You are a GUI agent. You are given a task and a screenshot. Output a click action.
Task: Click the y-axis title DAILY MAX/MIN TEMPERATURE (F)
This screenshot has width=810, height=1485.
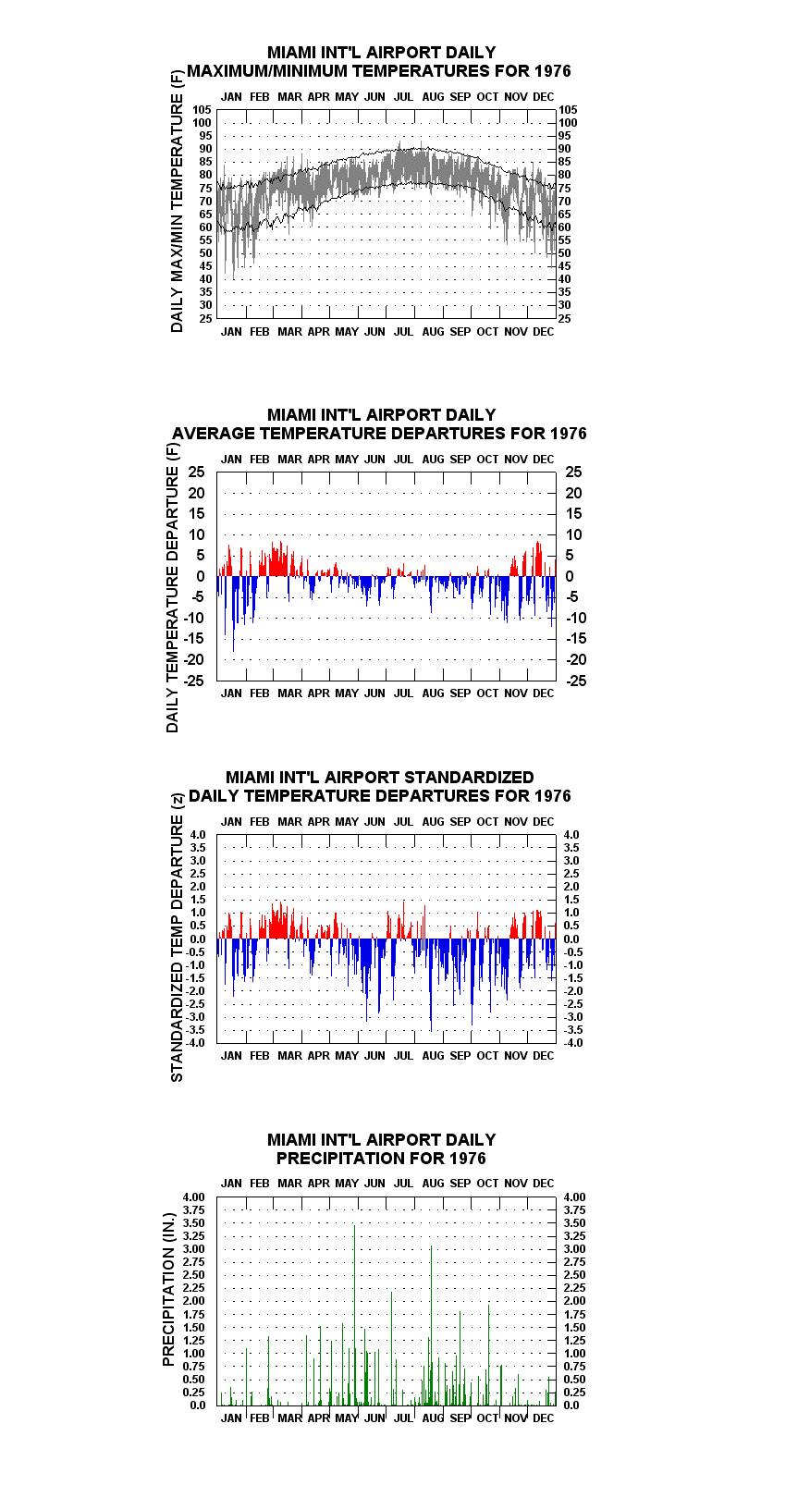click(x=177, y=201)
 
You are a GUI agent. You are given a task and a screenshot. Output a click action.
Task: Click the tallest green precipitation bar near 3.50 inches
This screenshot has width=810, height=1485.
click(x=355, y=1315)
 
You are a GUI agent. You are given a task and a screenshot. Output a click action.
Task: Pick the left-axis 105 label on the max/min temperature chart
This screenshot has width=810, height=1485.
click(x=202, y=110)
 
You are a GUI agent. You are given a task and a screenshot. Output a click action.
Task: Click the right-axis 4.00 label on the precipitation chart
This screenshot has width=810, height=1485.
click(x=575, y=1197)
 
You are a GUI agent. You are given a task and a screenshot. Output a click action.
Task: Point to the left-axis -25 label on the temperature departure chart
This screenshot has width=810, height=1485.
click(x=194, y=681)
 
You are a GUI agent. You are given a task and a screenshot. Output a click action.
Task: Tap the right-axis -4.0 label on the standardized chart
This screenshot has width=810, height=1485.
click(x=573, y=1043)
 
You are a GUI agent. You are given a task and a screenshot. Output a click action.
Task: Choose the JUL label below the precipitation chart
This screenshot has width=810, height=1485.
click(x=404, y=1418)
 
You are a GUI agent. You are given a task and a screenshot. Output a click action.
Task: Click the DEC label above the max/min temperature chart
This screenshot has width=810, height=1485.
click(x=544, y=97)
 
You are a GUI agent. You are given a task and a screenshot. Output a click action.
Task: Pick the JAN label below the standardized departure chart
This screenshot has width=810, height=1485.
click(x=231, y=1055)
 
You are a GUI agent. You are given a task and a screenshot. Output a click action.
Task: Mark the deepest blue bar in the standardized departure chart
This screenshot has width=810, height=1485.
click(x=431, y=985)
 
